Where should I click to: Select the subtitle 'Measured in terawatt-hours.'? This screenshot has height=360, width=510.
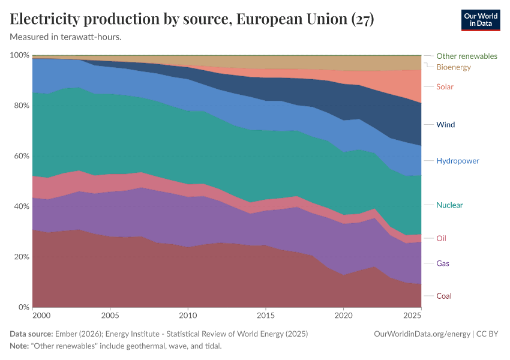66,37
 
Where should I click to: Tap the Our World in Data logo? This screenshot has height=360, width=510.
480,20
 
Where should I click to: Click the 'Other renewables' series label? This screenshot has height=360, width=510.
466,56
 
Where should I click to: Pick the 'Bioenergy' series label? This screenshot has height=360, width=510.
453,67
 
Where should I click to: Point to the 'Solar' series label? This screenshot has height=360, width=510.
445,86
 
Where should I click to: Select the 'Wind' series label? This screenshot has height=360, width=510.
445,125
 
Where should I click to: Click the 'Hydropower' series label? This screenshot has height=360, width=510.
457,161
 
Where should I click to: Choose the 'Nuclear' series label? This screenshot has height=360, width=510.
449,205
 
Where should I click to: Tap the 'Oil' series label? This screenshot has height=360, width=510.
441,238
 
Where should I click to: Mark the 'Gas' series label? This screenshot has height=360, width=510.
442,263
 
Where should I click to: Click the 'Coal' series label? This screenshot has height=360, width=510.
443,296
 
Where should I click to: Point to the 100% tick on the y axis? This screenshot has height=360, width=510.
20,55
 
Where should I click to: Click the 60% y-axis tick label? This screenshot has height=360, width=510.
20,156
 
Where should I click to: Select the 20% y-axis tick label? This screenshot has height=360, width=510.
20,257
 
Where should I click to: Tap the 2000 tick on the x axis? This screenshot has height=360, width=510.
41,316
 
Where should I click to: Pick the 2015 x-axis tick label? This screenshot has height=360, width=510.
265,316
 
